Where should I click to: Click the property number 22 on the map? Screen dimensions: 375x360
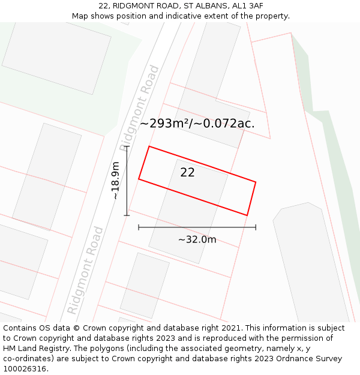pyautogui.click(x=187, y=172)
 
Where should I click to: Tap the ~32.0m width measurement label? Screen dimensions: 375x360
pyautogui.click(x=197, y=239)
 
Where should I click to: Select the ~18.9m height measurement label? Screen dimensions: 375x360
pyautogui.click(x=116, y=180)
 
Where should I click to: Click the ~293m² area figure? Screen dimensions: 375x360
pyautogui.click(x=169, y=124)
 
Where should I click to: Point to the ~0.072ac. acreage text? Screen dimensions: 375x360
pyautogui.click(x=229, y=124)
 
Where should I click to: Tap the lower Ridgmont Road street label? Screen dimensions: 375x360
pyautogui.click(x=85, y=270)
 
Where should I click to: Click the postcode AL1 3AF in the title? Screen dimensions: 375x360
pyautogui.click(x=246, y=6)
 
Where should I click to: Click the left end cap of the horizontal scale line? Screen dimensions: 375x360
pyautogui.click(x=139, y=227)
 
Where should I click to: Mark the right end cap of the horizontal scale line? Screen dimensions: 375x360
pyautogui.click(x=256, y=227)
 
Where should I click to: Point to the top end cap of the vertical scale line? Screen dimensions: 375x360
pyautogui.click(x=127, y=146)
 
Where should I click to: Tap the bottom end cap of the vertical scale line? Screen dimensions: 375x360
pyautogui.click(x=127, y=215)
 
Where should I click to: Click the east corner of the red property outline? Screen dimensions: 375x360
pyautogui.click(x=256, y=182)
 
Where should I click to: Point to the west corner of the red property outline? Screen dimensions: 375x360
pyautogui.click(x=139, y=179)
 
